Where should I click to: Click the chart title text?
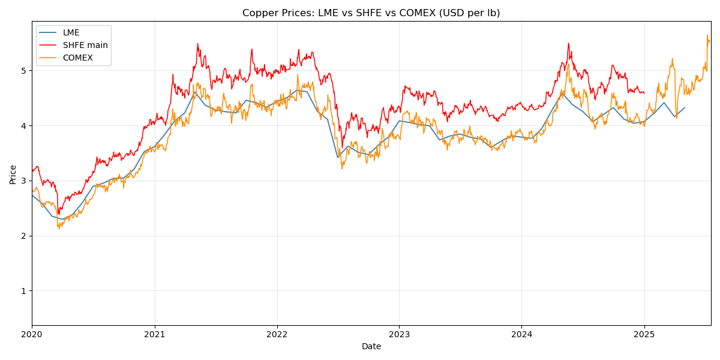click(371, 13)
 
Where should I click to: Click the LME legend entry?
click(71, 33)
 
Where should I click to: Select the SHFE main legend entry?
click(85, 46)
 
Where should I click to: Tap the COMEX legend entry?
click(77, 58)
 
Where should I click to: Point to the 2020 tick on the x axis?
click(32, 334)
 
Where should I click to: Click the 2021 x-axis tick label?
click(155, 334)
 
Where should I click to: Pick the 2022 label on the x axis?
click(277, 334)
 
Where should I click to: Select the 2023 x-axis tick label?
click(399, 334)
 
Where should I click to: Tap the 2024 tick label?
click(521, 334)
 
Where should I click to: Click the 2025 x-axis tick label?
click(644, 334)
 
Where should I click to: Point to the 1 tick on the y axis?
click(24, 291)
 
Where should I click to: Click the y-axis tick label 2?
click(24, 236)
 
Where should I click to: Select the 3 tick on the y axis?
click(24, 181)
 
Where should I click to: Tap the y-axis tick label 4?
click(24, 126)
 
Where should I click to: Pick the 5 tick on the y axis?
click(24, 71)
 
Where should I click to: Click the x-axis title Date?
click(371, 347)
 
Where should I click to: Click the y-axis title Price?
click(13, 174)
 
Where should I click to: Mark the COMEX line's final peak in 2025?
click(707, 35)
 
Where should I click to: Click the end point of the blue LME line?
click(685, 108)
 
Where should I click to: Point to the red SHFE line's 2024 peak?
click(568, 43)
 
